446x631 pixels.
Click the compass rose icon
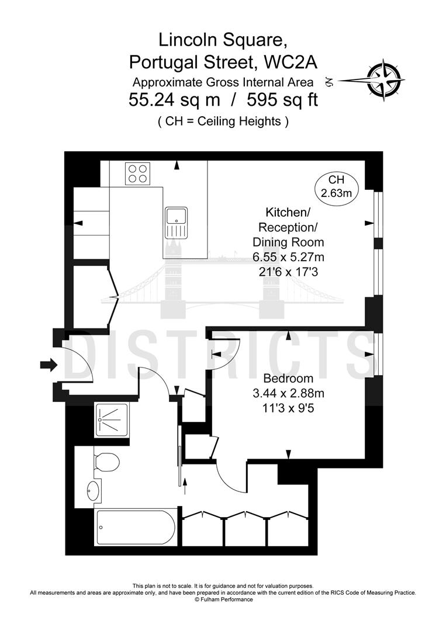[383, 79]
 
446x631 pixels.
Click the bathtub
[134, 527]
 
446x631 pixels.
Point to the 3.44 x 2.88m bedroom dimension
[288, 394]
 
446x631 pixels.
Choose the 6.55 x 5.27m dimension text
[288, 256]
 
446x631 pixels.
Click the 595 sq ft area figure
[282, 100]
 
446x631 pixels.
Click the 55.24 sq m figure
[174, 100]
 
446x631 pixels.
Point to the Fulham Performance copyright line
[223, 600]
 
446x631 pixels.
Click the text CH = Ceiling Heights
[223, 122]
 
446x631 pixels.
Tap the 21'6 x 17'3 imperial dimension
[288, 272]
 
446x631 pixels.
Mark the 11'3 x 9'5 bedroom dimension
[288, 409]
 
